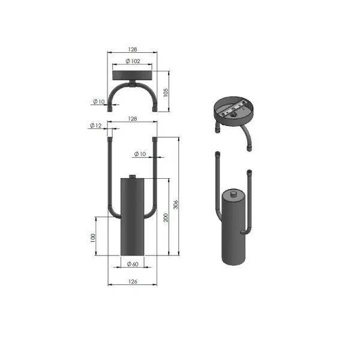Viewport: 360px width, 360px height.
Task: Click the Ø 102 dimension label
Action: [x=133, y=61]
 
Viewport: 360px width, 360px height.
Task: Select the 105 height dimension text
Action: [x=166, y=92]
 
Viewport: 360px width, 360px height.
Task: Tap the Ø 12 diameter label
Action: [x=95, y=125]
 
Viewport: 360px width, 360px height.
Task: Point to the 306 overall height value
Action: [x=175, y=205]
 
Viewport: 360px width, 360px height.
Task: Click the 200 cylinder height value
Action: [x=166, y=217]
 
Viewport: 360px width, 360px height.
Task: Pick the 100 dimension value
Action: [x=92, y=238]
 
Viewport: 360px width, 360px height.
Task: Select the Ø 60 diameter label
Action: [x=133, y=264]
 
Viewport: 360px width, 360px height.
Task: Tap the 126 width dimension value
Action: [x=133, y=281]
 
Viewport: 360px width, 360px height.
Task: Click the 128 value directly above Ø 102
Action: [x=133, y=49]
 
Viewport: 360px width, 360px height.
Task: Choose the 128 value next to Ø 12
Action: [x=133, y=119]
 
